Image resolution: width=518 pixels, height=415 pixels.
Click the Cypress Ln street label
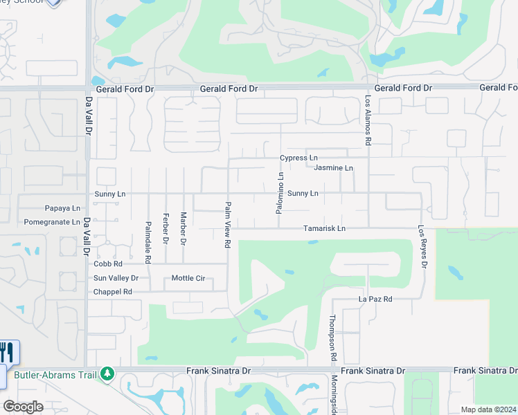click(x=298, y=158)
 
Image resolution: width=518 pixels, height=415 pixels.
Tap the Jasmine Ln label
click(x=333, y=168)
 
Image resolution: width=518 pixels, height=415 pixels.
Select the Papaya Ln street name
click(x=62, y=207)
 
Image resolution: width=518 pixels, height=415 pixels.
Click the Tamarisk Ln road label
click(x=324, y=228)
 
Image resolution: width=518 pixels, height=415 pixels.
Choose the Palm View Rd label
click(x=227, y=225)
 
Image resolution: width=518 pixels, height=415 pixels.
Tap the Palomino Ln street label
click(x=280, y=192)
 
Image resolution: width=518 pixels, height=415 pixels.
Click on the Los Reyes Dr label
click(x=422, y=246)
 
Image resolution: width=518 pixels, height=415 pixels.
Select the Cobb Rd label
click(x=108, y=264)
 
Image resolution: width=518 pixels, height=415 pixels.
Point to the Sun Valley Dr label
click(x=116, y=278)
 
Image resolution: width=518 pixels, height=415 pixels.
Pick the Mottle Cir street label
click(x=188, y=278)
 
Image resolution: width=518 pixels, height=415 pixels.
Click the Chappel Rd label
click(x=113, y=292)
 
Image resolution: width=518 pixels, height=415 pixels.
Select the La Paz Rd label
click(x=375, y=299)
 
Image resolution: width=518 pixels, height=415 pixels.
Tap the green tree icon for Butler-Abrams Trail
click(x=107, y=374)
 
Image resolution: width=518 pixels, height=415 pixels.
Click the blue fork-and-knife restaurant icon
click(x=7, y=353)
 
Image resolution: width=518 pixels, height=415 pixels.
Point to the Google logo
click(x=23, y=407)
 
